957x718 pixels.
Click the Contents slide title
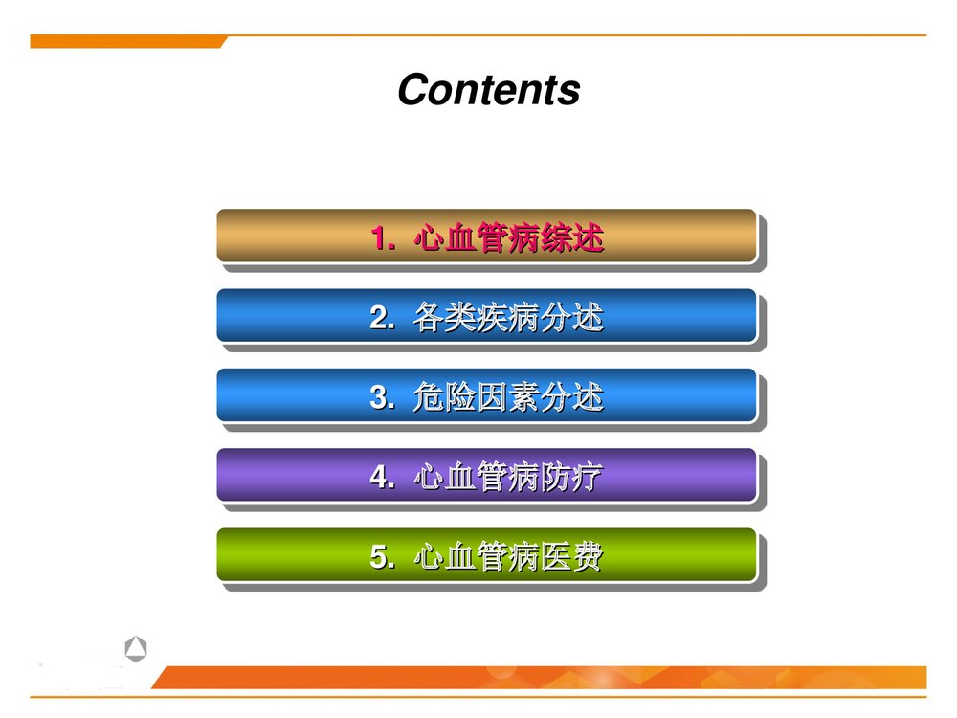click(x=488, y=90)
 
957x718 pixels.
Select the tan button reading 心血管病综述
click(x=486, y=236)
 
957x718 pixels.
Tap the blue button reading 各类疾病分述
click(x=486, y=316)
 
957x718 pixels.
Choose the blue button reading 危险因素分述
click(x=486, y=395)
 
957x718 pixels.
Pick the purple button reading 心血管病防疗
click(x=486, y=475)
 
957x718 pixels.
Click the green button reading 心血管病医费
click(x=486, y=555)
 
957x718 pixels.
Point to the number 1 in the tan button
click(x=380, y=237)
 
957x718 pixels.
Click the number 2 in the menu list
click(x=379, y=317)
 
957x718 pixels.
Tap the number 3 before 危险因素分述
click(x=379, y=397)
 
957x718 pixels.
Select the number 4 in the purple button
click(x=379, y=477)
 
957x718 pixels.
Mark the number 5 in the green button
click(x=379, y=556)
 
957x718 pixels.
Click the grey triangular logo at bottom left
click(x=136, y=651)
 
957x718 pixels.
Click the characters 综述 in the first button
click(x=571, y=237)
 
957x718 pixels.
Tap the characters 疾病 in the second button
click(x=508, y=317)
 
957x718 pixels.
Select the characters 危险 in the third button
click(x=444, y=397)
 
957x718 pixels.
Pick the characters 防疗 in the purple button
click(x=571, y=477)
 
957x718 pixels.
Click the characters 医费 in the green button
click(x=571, y=556)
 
